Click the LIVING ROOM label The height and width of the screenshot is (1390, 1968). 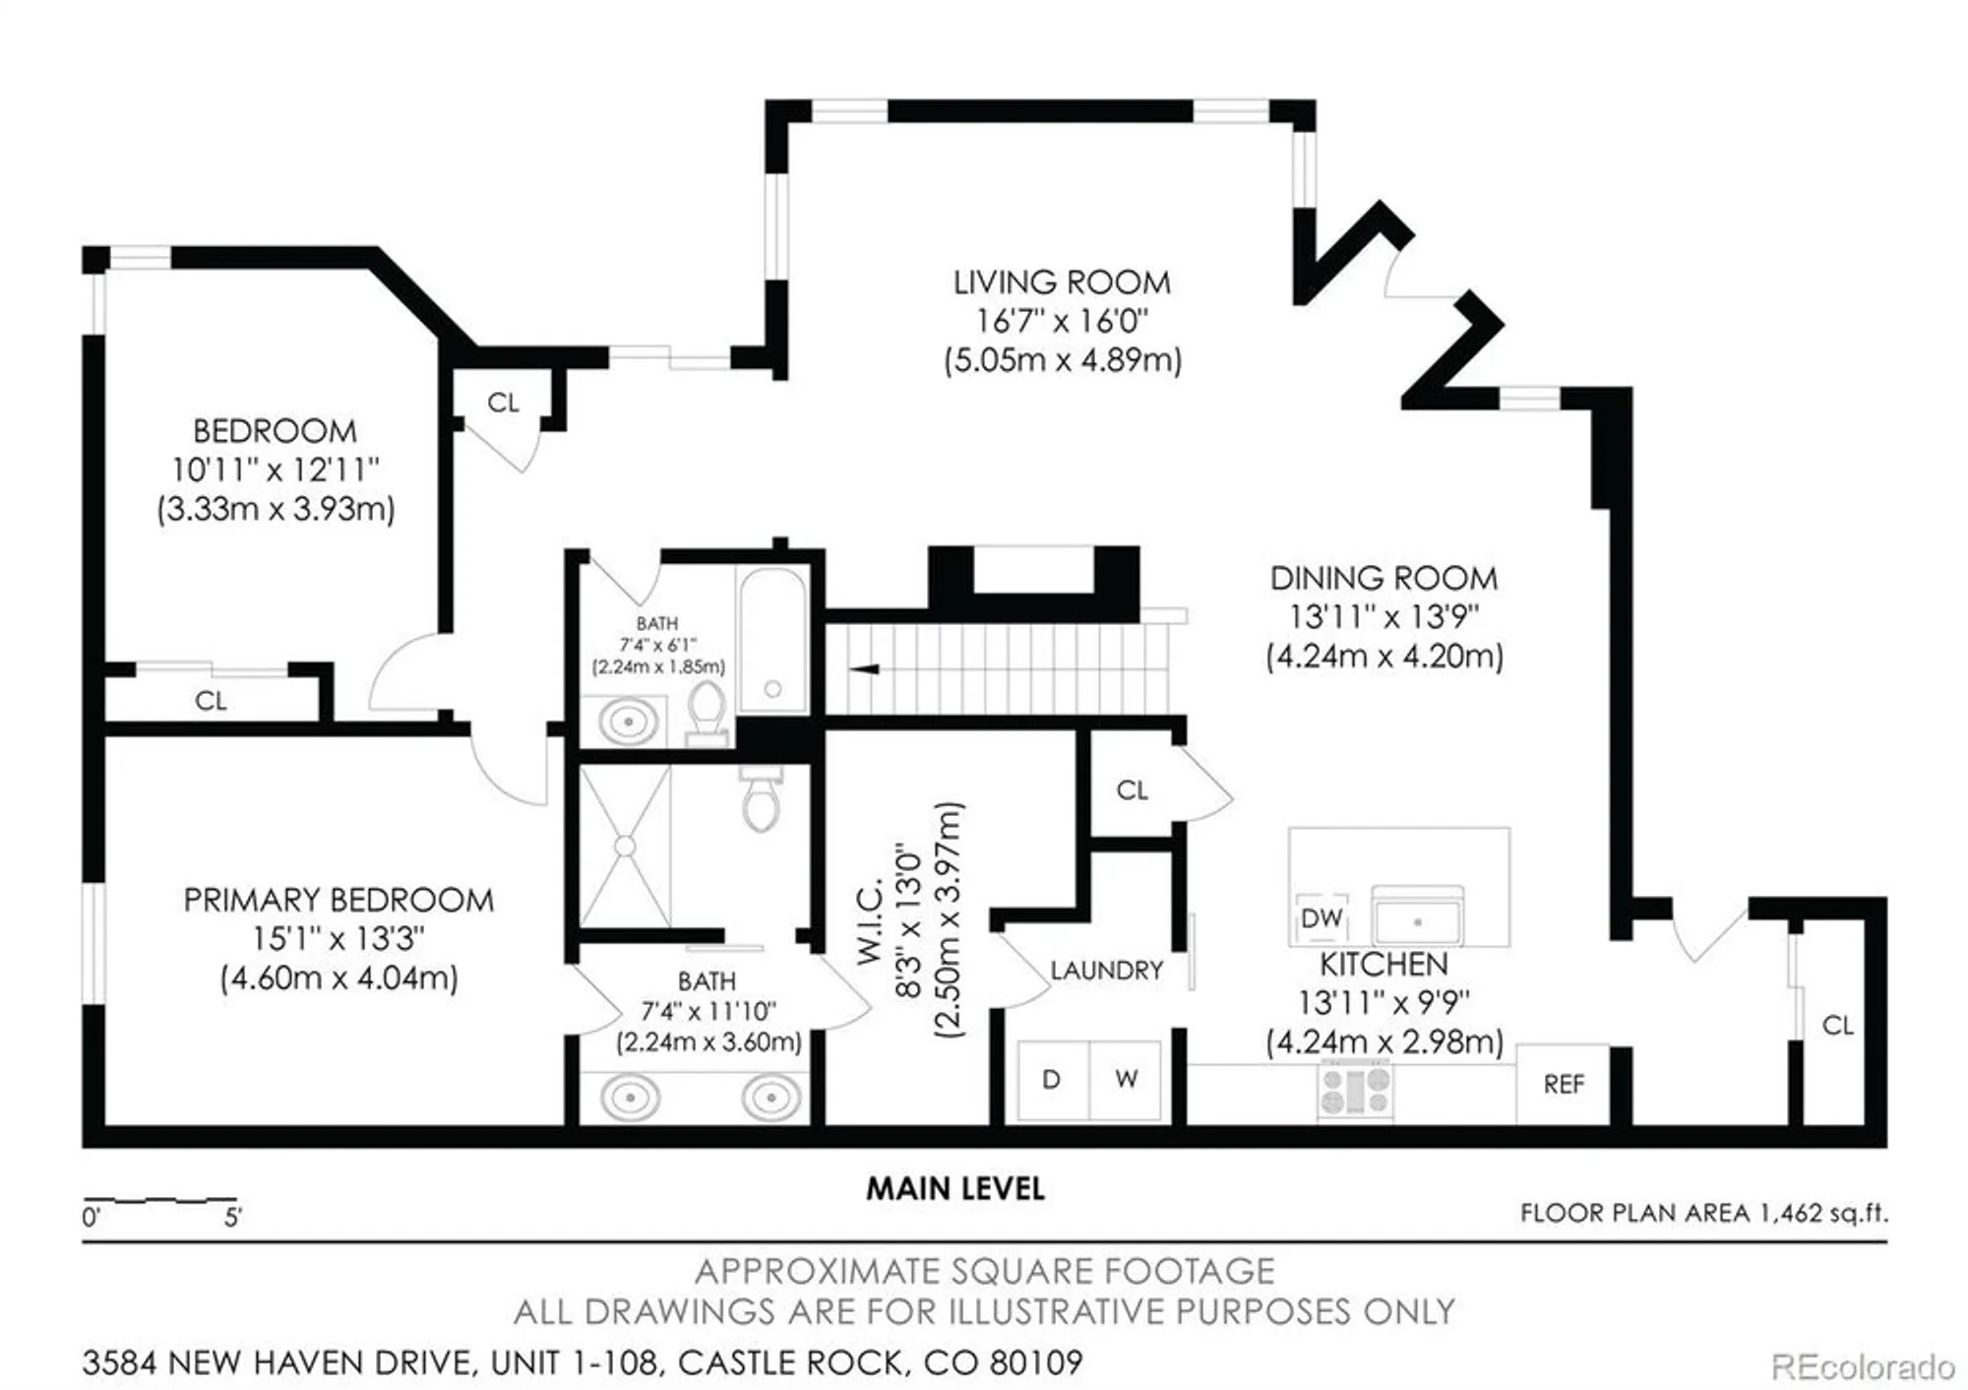(1062, 284)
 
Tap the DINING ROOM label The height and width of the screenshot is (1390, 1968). (1384, 579)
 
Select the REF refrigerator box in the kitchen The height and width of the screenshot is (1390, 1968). (1563, 1084)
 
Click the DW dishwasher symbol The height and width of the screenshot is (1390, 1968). (1322, 918)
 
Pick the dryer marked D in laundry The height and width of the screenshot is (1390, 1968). (1052, 1080)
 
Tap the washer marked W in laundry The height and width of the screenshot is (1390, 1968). (1127, 1080)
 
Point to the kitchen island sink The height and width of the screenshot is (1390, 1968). (1417, 920)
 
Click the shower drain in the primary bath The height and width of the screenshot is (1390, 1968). (625, 846)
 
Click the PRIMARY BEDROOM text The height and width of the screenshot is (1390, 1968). (338, 901)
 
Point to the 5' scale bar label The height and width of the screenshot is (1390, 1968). (232, 1218)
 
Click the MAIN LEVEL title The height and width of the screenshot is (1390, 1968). (954, 1189)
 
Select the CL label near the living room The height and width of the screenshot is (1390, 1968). (503, 403)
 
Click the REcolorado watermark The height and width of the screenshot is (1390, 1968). (1862, 1367)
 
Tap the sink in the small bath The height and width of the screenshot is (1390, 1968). (628, 723)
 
